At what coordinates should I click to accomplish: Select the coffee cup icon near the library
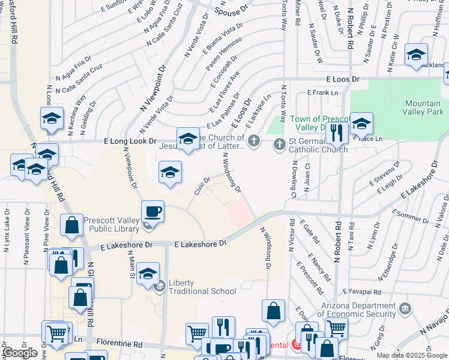tap(151, 212)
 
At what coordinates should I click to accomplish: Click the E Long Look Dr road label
tap(130, 142)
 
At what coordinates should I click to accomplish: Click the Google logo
tap(20, 353)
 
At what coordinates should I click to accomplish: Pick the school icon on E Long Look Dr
tap(188, 139)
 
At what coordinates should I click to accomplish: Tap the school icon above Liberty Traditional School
tap(148, 275)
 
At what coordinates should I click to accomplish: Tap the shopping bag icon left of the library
tap(72, 226)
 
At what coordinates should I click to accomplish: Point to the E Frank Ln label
tap(322, 92)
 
